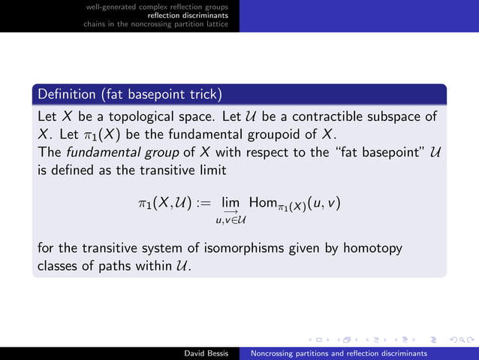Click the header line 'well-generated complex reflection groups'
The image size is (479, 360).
pyautogui.click(x=158, y=6)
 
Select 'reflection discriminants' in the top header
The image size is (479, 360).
pyautogui.click(x=188, y=15)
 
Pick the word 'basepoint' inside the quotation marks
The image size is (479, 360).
pyautogui.click(x=393, y=153)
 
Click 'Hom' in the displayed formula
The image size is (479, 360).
pyautogui.click(x=266, y=203)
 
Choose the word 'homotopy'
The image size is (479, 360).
pyautogui.click(x=375, y=248)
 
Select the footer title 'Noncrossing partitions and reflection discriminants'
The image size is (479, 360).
pyautogui.click(x=339, y=352)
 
